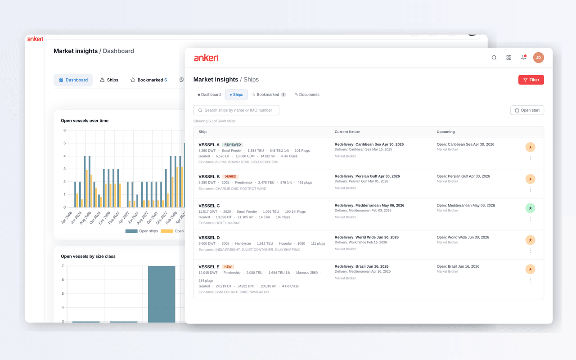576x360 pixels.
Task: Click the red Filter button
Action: click(x=531, y=80)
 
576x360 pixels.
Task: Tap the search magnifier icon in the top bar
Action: click(x=494, y=58)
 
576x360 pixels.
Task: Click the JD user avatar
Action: click(x=538, y=58)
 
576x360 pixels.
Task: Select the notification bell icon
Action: click(x=523, y=58)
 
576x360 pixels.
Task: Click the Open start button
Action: click(x=527, y=110)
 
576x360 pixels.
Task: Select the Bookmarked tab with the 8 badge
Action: click(x=269, y=94)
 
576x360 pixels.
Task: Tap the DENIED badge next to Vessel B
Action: click(x=230, y=176)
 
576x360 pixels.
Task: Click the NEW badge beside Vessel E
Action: click(x=228, y=266)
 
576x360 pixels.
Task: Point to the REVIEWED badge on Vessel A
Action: click(x=232, y=144)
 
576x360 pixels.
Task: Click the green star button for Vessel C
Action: click(x=530, y=208)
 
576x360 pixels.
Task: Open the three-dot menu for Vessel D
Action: click(x=530, y=251)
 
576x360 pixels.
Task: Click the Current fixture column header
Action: click(x=347, y=132)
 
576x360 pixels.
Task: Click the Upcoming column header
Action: click(x=445, y=132)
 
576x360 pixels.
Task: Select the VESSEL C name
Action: click(x=209, y=206)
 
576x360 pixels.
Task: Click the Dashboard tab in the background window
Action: click(x=73, y=80)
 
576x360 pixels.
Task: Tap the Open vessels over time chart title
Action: click(x=85, y=121)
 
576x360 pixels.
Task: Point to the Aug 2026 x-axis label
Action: click(x=86, y=218)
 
